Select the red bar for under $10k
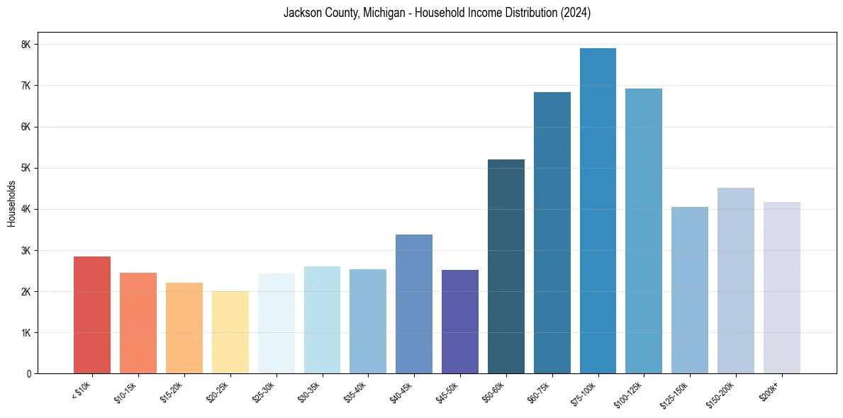point(92,315)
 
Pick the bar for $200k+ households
point(782,288)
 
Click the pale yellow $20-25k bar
point(230,332)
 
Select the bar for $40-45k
point(414,304)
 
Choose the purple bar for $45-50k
point(460,322)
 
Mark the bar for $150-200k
point(736,281)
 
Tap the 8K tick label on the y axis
point(26,45)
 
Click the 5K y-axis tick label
point(26,168)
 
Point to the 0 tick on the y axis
point(29,374)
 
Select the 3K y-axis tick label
point(26,250)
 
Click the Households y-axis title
point(11,203)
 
